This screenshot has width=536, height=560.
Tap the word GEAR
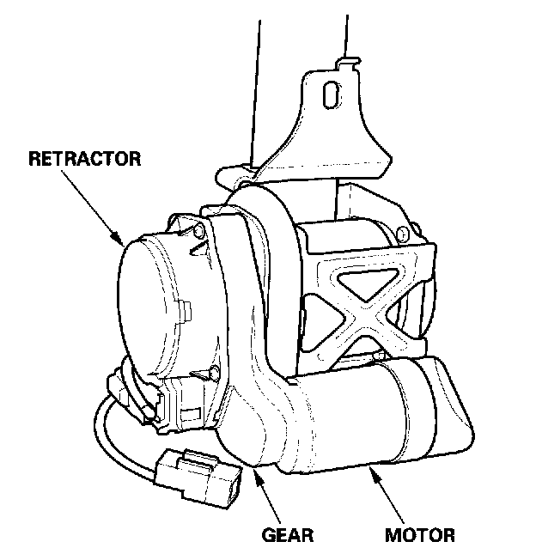(x=286, y=537)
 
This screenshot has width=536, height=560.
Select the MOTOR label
(x=419, y=537)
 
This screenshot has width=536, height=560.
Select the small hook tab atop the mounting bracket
(x=345, y=59)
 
